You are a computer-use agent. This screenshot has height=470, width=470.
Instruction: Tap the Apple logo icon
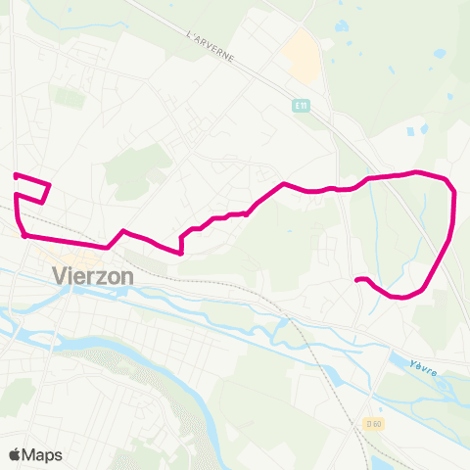point(16,454)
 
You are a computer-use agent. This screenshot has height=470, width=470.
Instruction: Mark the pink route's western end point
point(15,175)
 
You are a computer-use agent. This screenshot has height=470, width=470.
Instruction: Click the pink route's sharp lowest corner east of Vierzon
point(181,253)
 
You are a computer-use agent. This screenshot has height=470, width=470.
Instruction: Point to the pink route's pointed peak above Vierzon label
point(122,231)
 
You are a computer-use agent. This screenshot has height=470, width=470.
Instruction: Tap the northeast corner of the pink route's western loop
point(49,184)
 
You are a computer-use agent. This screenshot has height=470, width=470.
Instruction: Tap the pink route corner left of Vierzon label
point(23,235)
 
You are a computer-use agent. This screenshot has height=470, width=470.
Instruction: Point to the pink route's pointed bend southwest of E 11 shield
point(284,183)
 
